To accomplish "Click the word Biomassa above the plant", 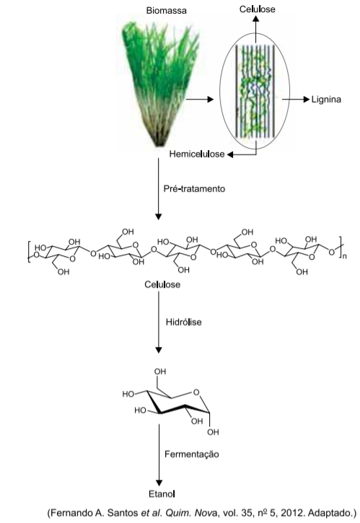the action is (166, 11).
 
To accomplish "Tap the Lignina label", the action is (326, 100).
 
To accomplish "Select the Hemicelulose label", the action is (197, 154).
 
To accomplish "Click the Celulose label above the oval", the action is (258, 9).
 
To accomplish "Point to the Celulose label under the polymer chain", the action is (162, 284).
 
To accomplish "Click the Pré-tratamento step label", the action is (194, 189).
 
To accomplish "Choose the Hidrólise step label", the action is (184, 322).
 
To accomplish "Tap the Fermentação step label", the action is (192, 454).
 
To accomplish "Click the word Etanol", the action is (162, 494).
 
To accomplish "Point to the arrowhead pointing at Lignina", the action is (307, 100).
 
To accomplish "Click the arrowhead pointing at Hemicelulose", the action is (230, 154).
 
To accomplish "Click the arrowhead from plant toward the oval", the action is (210, 99).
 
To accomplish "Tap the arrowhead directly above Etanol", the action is (159, 483).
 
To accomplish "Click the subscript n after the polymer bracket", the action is (345, 257).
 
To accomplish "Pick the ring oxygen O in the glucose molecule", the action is (196, 392).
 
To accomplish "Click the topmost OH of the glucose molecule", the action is (160, 372).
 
